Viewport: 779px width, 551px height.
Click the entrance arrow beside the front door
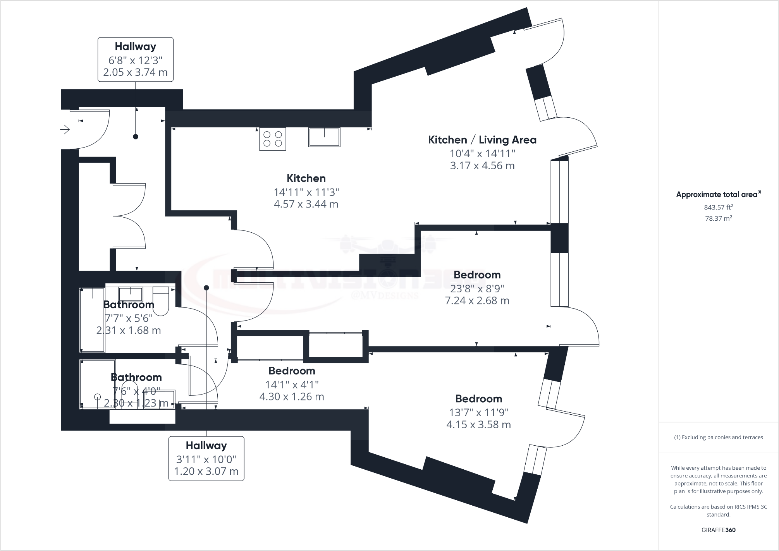tap(65, 129)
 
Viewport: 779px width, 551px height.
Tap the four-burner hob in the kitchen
tap(273, 139)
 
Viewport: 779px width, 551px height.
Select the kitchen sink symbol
tap(324, 137)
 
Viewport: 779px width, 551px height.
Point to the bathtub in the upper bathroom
tap(92, 319)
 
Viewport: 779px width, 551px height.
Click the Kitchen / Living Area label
tap(482, 140)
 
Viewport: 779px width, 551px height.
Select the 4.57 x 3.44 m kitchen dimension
tap(306, 204)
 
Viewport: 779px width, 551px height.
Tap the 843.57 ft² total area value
tap(718, 207)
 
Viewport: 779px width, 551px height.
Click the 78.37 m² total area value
tap(718, 218)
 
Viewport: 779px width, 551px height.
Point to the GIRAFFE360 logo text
tap(718, 530)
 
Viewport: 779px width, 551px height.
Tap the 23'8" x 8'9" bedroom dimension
tap(477, 288)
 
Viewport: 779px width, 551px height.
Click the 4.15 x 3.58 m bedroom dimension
tap(478, 425)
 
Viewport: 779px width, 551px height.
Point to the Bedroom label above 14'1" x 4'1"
tap(292, 371)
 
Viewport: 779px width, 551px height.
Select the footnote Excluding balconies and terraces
tap(718, 437)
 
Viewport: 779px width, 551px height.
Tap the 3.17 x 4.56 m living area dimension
tap(482, 166)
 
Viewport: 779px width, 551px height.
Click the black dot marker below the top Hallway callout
tap(136, 137)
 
